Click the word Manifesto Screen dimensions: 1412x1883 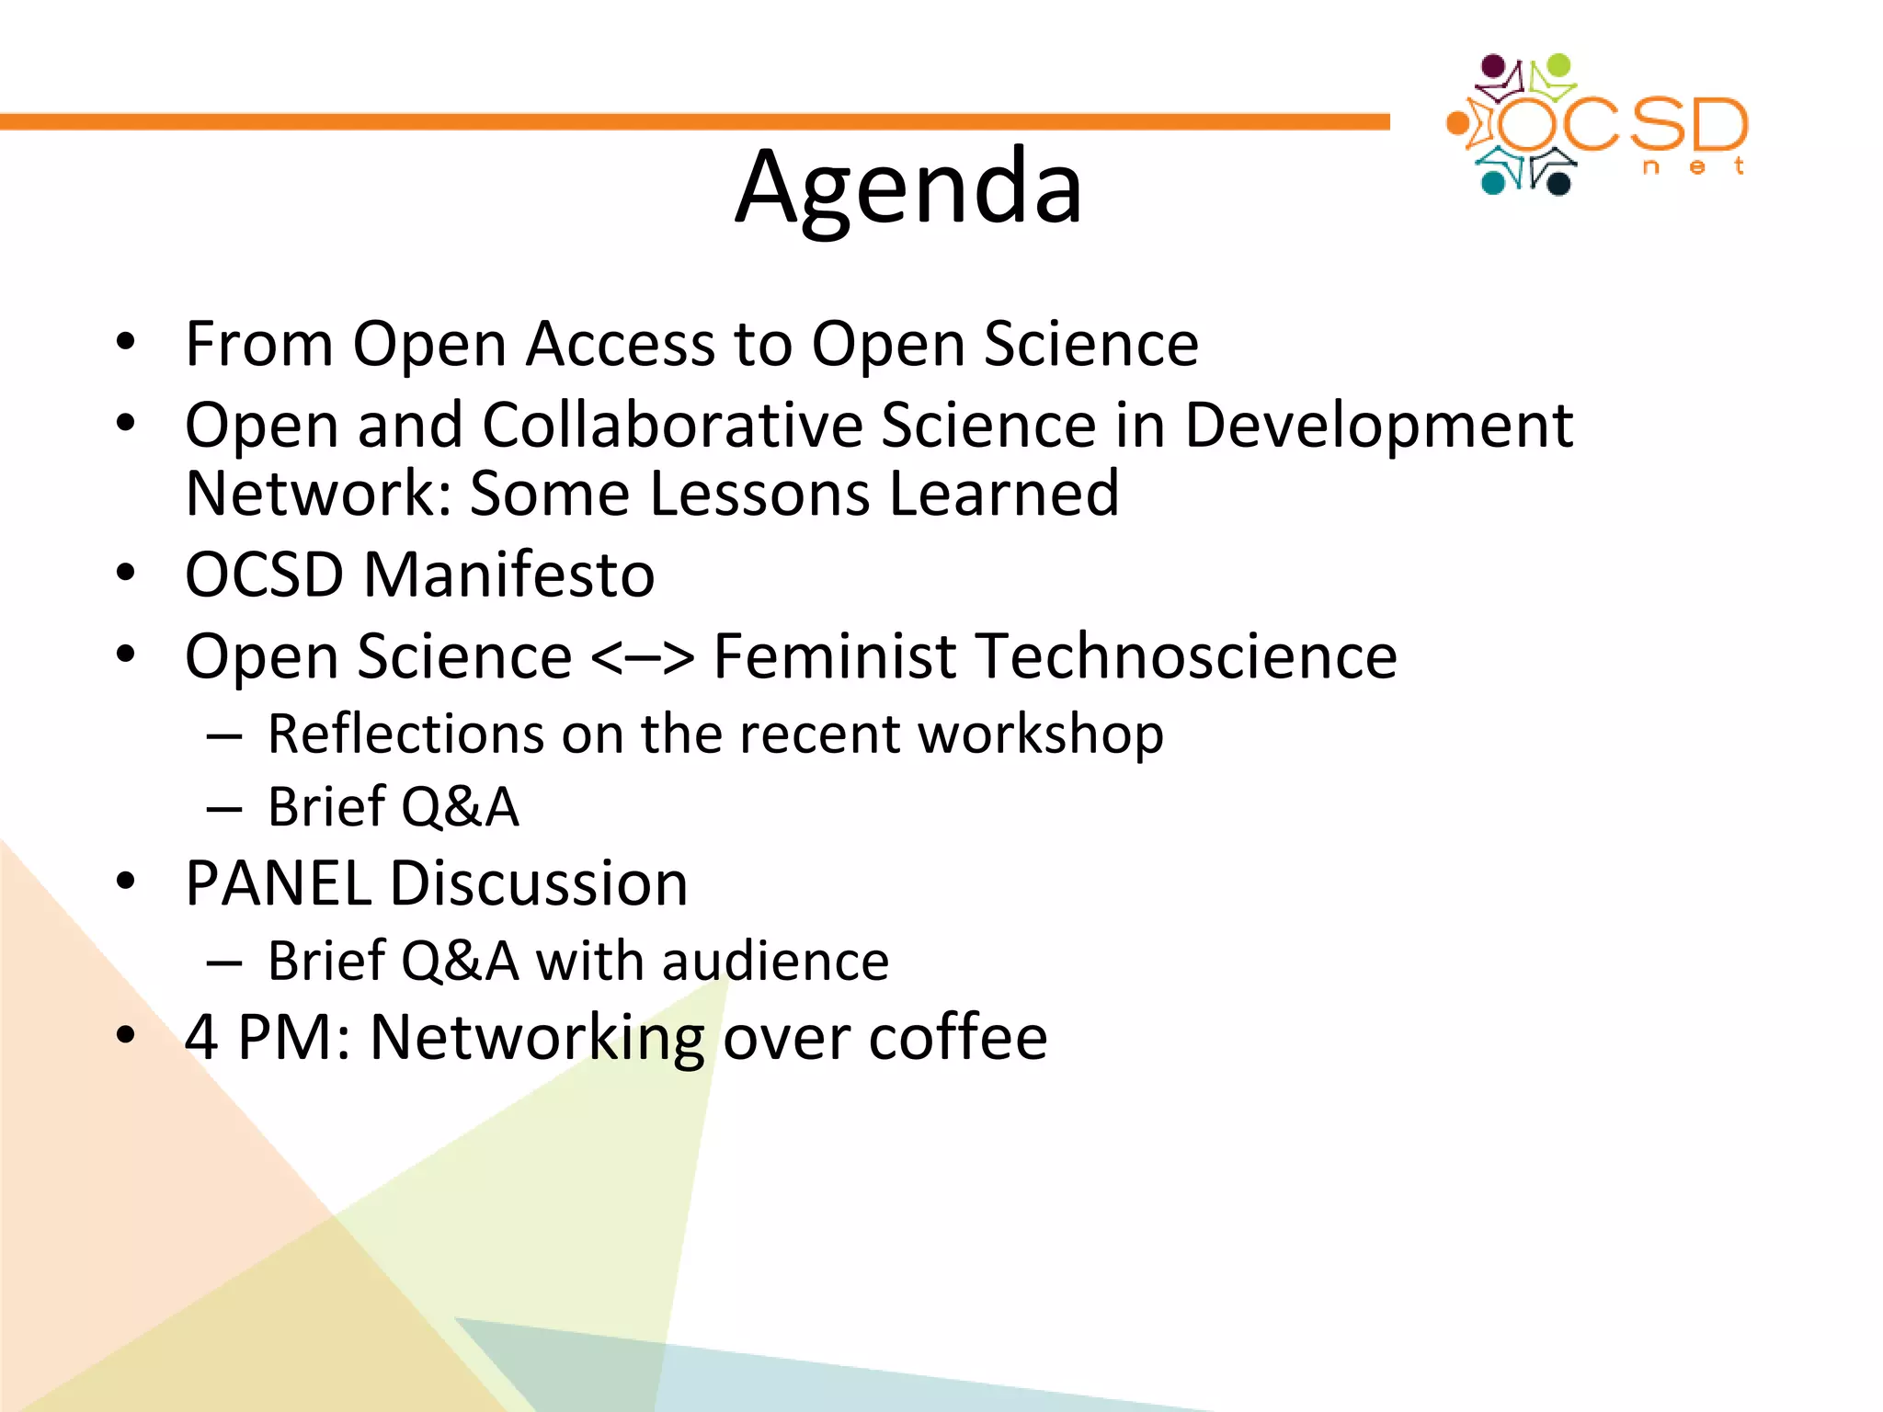(509, 575)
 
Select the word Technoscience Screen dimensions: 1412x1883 (1187, 656)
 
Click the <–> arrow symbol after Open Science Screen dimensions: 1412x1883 (642, 658)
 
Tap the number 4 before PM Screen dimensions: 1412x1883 (201, 1037)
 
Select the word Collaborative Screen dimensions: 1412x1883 (671, 426)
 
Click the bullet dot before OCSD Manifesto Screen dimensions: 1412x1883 (126, 574)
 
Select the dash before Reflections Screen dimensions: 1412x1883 (224, 735)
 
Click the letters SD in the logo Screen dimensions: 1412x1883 (1690, 125)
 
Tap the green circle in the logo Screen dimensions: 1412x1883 (1558, 66)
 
